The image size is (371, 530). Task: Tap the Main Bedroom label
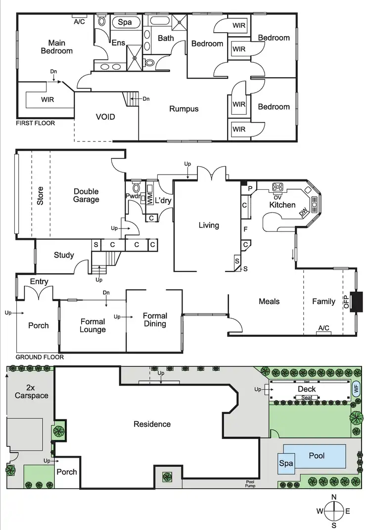tap(56, 46)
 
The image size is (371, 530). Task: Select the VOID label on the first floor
tap(105, 117)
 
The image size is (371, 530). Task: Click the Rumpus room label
tap(184, 109)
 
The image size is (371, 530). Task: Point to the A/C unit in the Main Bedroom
tap(79, 22)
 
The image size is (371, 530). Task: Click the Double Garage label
tap(86, 195)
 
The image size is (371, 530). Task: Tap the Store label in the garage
tap(41, 196)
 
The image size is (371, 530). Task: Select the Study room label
tap(64, 255)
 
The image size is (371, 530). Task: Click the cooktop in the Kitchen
tap(278, 187)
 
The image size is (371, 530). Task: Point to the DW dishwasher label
tap(303, 214)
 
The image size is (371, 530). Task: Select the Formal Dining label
tap(155, 320)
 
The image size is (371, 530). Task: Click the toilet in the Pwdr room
tap(136, 188)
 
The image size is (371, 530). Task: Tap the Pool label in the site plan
tap(317, 455)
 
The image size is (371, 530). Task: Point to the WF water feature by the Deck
tap(357, 389)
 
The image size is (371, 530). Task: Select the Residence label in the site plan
tap(152, 424)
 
